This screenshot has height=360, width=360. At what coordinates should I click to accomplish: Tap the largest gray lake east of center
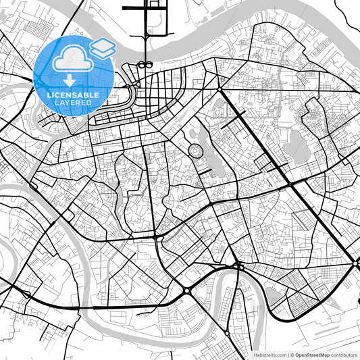(x=295, y=143)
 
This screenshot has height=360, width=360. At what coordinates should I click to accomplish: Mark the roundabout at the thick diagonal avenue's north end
(x=220, y=88)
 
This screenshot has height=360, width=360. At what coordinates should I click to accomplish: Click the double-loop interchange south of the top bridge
(x=145, y=65)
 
